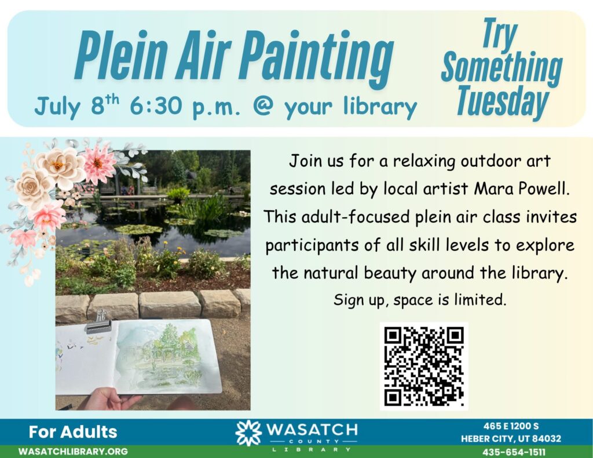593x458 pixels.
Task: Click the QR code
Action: pos(424,366)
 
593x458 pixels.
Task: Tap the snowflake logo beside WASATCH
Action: pos(248,433)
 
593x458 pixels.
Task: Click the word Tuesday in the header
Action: pos(502,101)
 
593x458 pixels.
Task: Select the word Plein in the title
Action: pos(120,56)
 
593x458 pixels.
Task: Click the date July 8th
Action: pos(77,106)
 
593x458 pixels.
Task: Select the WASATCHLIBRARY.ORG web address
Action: pos(73,451)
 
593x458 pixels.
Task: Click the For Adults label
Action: pos(73,431)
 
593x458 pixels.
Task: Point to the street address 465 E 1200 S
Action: pos(511,426)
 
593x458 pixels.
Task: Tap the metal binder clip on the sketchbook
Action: pos(98,323)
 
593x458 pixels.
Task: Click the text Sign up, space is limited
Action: pos(419,301)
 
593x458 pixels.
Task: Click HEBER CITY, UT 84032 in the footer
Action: pos(511,439)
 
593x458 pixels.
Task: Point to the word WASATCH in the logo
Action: pos(312,430)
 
